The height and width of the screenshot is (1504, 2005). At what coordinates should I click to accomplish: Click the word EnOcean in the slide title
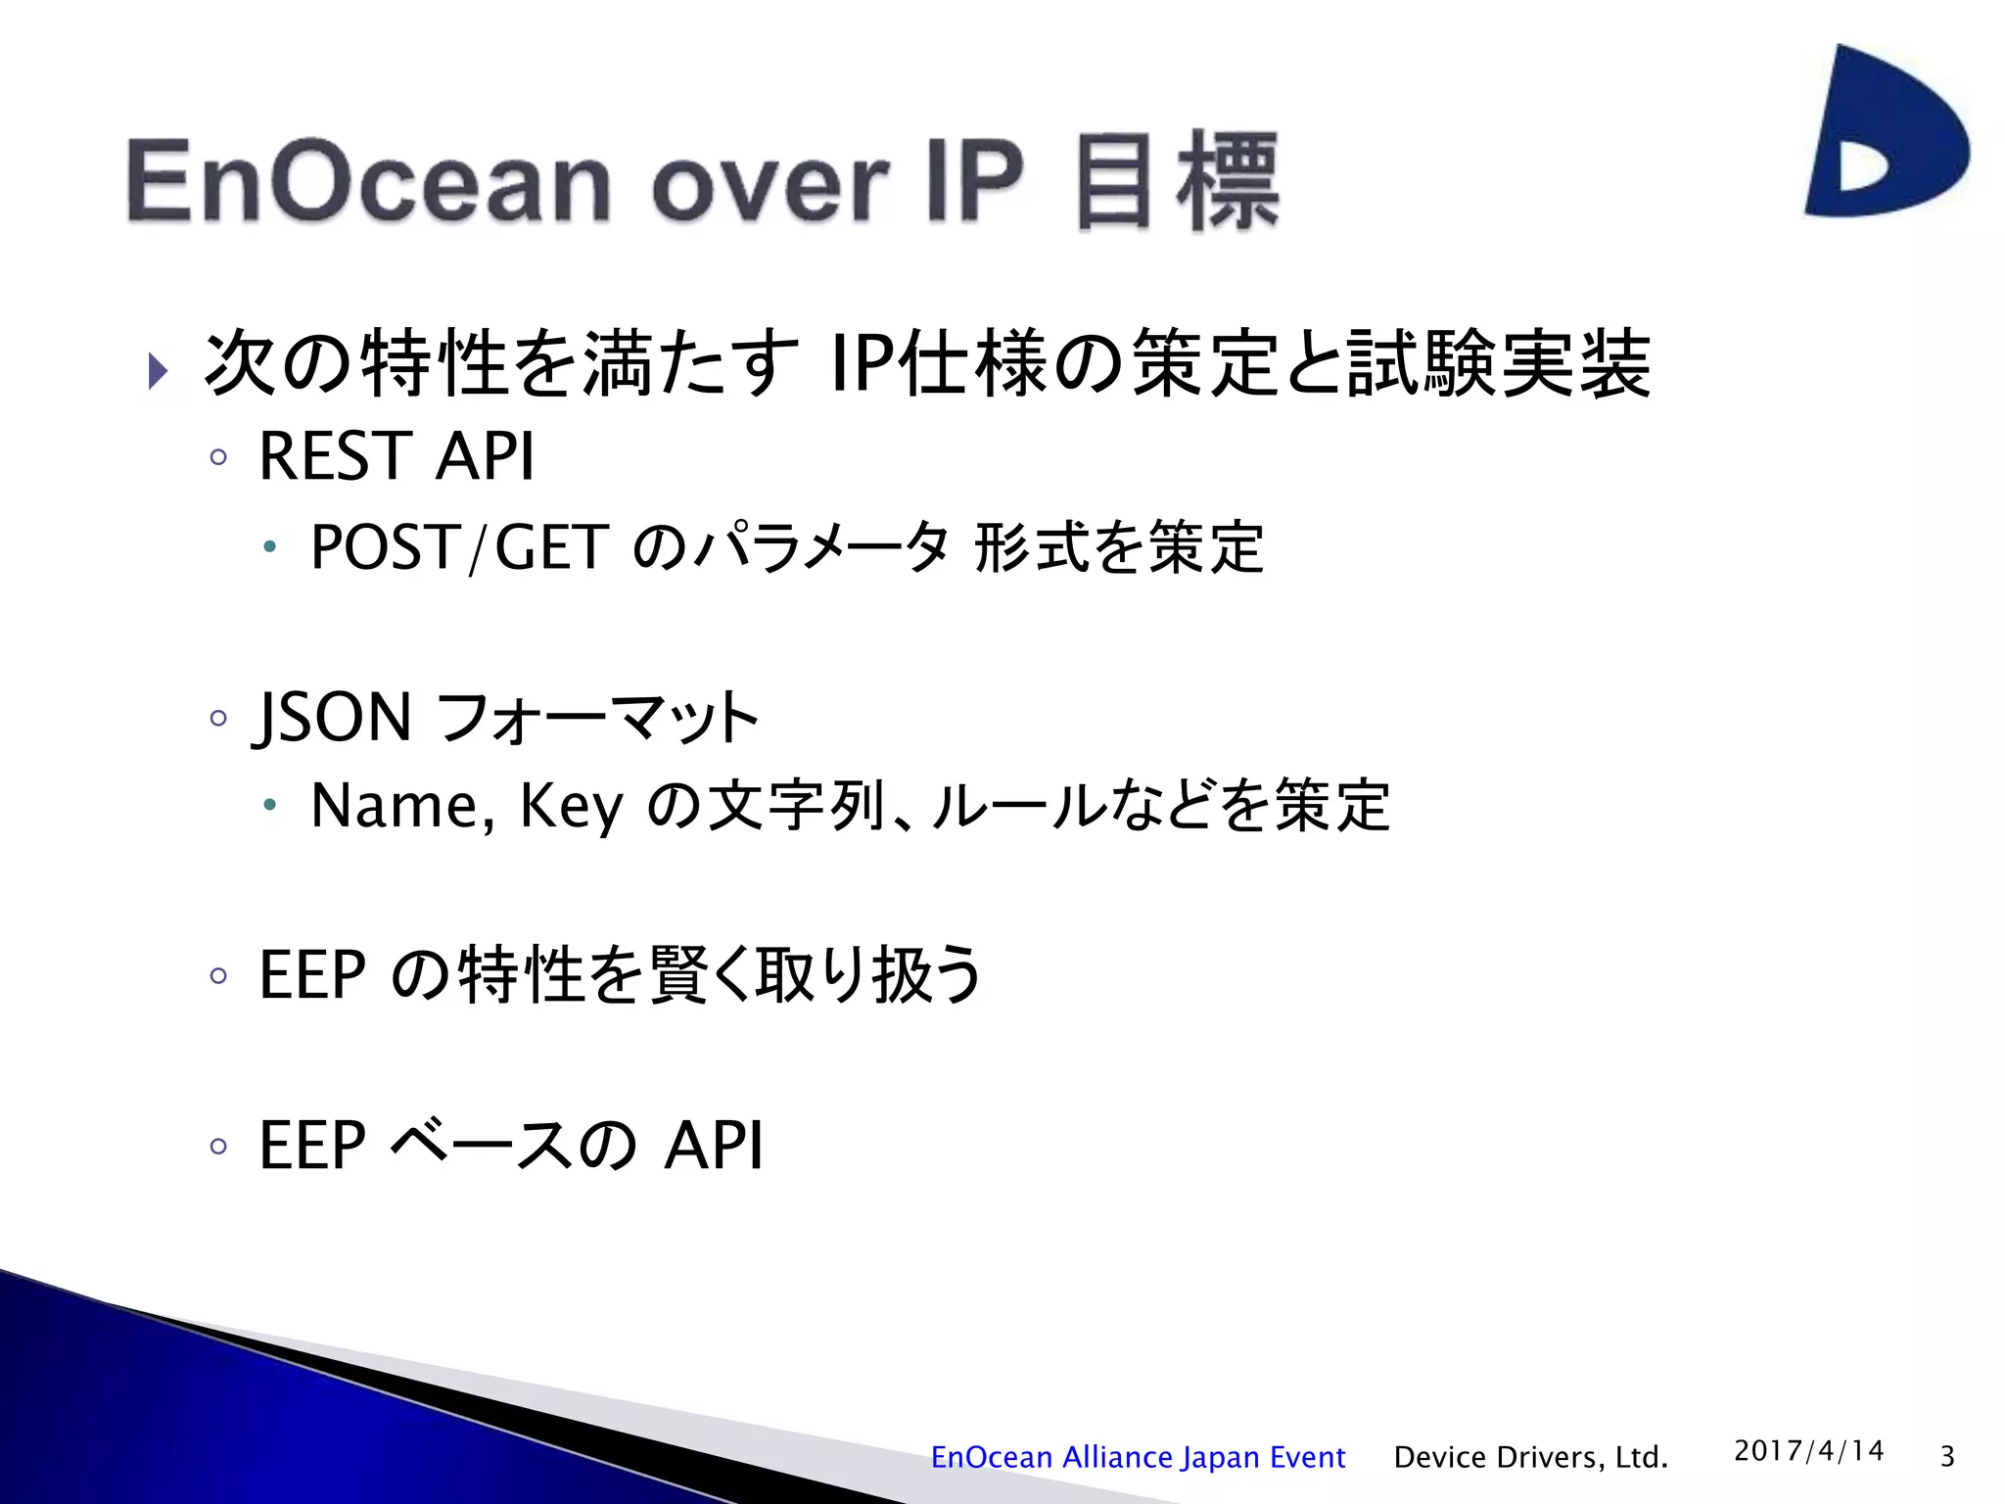(368, 182)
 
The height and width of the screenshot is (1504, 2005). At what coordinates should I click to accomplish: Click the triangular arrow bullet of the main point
(158, 371)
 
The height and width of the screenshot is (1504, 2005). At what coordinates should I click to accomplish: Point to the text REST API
(396, 456)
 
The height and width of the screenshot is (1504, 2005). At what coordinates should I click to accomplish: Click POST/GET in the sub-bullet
(459, 547)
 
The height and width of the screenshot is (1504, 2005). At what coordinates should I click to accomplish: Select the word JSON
(334, 719)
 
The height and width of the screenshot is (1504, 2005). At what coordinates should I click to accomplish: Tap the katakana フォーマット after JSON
(595, 719)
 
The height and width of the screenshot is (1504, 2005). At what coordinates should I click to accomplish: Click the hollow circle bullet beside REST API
(218, 457)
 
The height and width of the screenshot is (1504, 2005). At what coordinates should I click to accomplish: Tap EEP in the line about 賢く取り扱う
(312, 975)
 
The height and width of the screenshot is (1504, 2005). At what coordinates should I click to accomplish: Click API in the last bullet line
(713, 1145)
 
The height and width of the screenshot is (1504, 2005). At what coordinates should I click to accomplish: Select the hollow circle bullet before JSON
(218, 719)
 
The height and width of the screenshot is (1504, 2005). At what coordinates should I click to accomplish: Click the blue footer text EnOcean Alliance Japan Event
(1137, 1457)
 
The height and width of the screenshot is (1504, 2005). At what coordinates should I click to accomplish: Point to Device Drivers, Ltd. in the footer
(1530, 1457)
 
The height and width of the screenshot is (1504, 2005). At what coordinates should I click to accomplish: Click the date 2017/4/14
(1808, 1450)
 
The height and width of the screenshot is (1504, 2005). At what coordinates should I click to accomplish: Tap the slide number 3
(1947, 1457)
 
